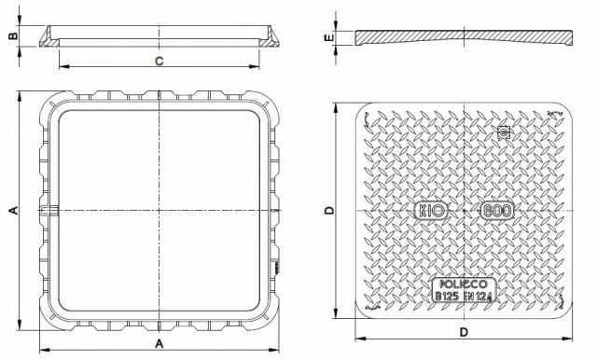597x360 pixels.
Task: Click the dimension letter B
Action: coord(13,35)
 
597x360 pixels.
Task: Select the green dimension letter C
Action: coord(160,61)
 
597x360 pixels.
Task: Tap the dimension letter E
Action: coord(329,37)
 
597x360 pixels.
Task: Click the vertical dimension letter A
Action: coord(13,210)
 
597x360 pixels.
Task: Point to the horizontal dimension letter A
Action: coord(160,343)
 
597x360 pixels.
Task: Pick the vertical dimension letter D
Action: coord(329,210)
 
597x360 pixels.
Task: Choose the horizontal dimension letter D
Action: coord(464,332)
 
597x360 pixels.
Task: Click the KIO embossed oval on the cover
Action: coord(431,211)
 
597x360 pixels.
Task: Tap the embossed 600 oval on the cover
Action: coord(497,211)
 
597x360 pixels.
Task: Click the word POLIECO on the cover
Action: coord(464,284)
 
